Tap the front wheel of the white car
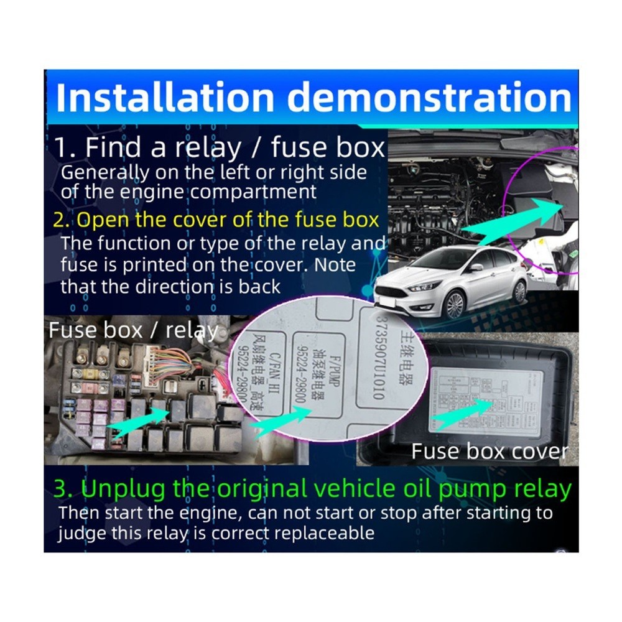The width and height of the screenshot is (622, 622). click(x=455, y=304)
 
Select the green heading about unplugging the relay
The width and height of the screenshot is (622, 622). click(x=311, y=490)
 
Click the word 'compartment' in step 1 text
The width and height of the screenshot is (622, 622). click(x=254, y=192)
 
